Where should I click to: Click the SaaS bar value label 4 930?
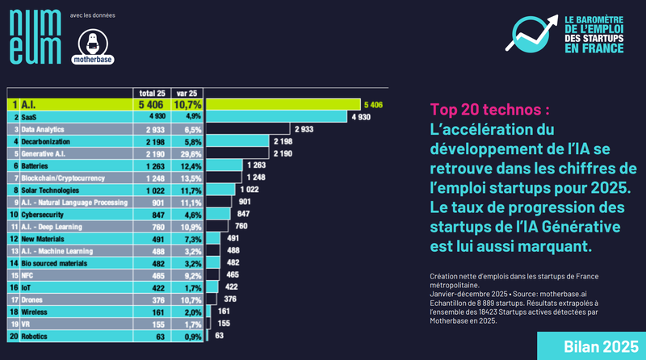[360, 117]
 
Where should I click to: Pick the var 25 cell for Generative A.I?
[187, 153]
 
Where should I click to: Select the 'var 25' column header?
[187, 92]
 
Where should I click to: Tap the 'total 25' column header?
[152, 92]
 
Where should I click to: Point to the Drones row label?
[34, 299]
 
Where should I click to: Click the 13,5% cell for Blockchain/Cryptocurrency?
[187, 178]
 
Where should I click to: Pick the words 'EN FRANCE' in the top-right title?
[594, 48]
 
